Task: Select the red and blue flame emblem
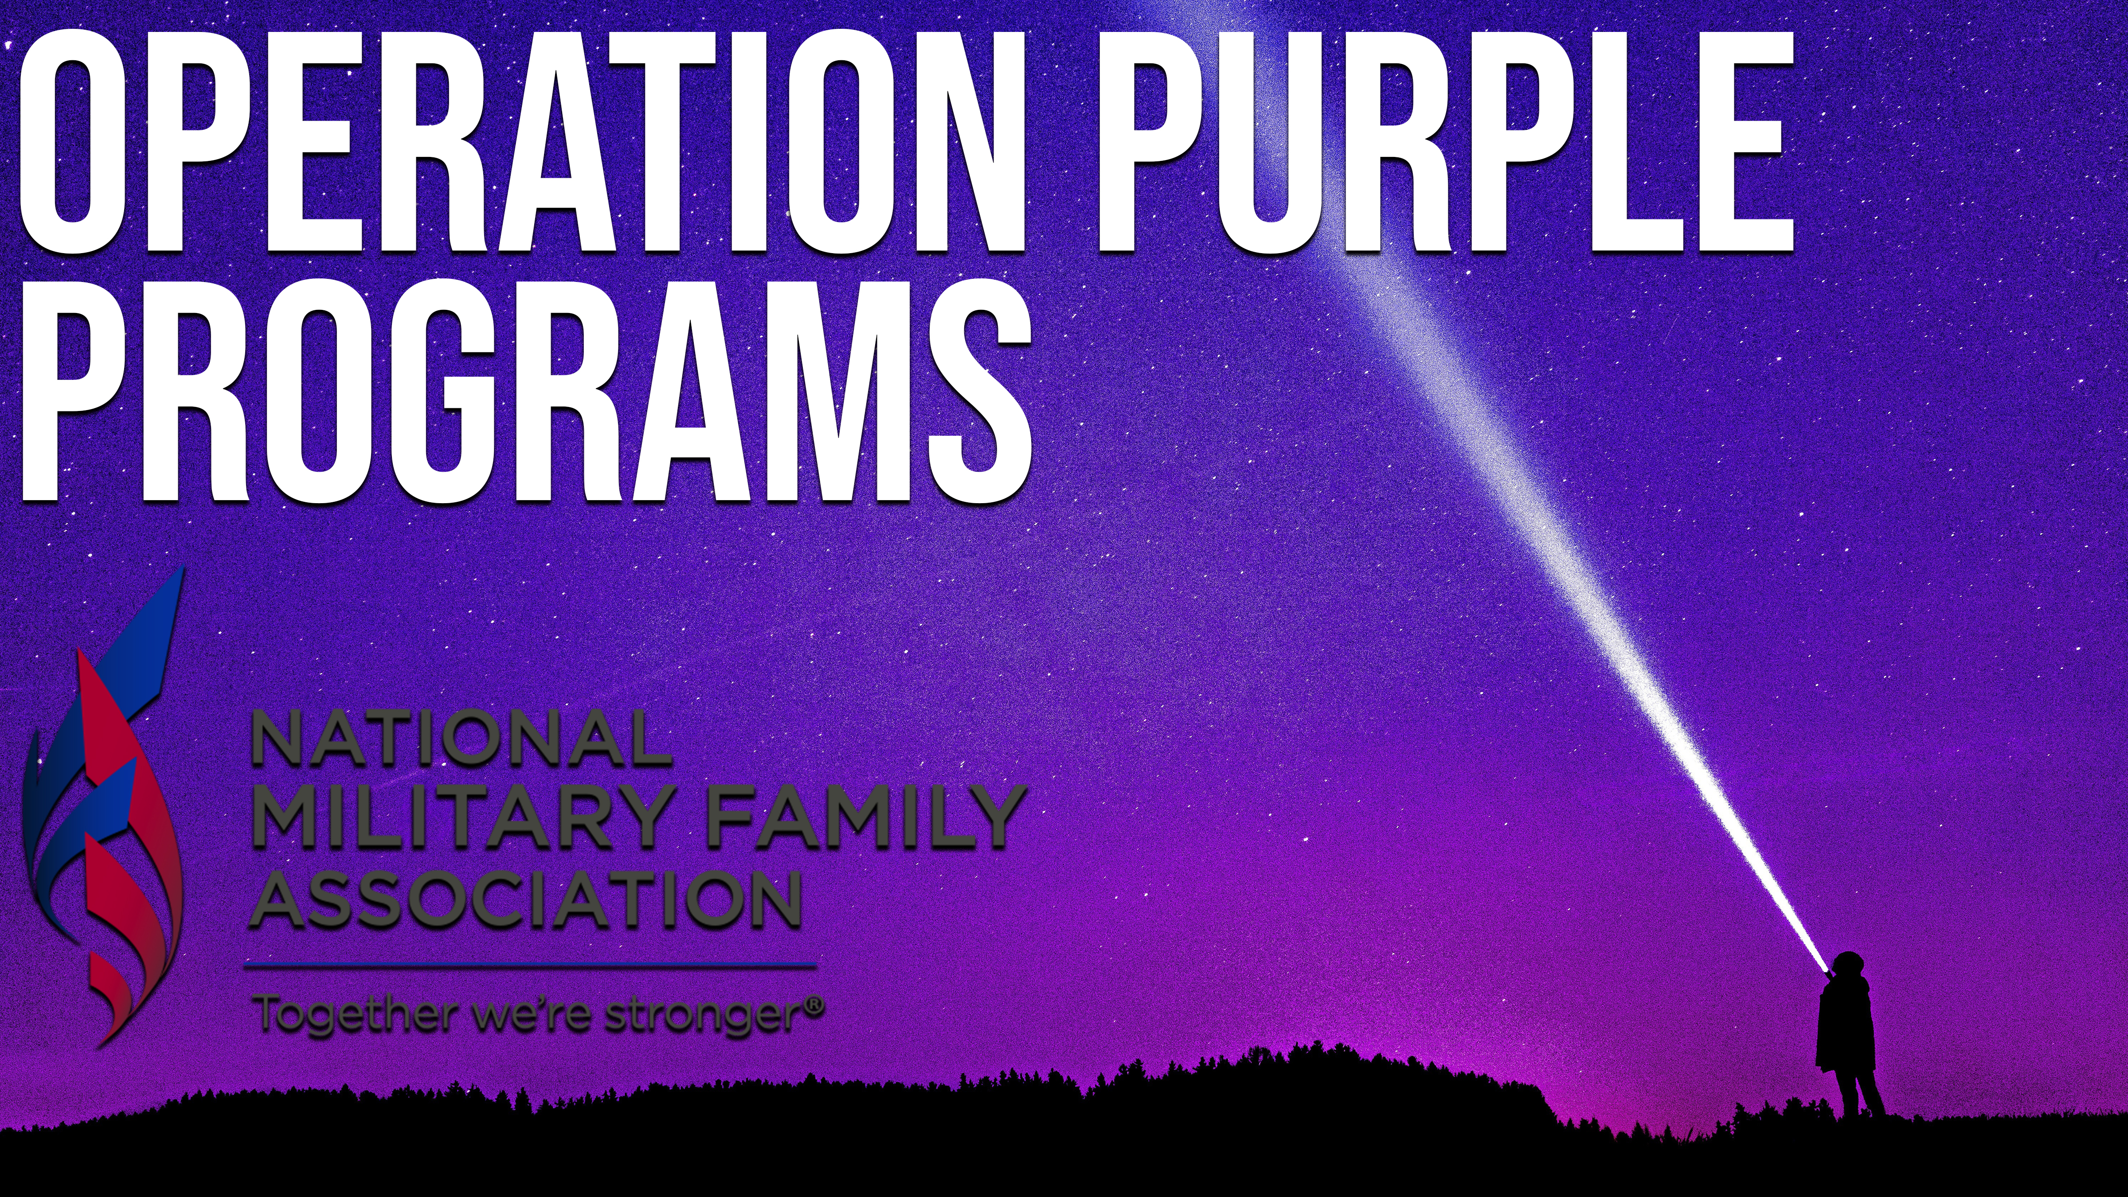(103, 806)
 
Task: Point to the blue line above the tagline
(530, 964)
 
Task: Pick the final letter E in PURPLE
(1741, 141)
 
